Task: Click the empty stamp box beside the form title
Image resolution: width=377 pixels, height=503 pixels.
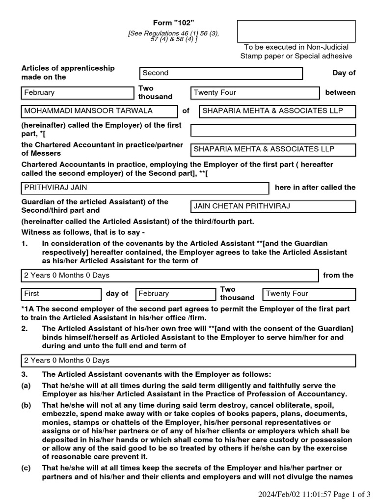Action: pos(296,31)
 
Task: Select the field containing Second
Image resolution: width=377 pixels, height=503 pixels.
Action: pos(221,73)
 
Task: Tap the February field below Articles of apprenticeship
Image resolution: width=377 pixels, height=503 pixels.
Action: pos(77,93)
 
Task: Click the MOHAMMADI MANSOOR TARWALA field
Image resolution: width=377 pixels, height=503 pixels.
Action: pos(99,111)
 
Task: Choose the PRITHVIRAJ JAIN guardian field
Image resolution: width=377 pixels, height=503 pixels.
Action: pos(145,188)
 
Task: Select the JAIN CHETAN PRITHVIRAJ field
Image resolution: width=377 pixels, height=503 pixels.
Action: pos(272,206)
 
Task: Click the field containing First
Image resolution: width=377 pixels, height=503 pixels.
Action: pos(61,294)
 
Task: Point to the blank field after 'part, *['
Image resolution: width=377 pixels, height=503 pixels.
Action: pos(272,130)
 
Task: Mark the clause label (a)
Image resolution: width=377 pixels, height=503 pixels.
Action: pos(26,386)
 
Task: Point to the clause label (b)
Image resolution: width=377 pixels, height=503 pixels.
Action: pos(26,405)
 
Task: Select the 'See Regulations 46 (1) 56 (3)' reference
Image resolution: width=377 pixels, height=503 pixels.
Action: pos(173,33)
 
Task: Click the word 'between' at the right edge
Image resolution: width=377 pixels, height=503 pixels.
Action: pos(340,92)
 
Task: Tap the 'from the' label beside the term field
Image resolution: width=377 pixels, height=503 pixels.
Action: pos(338,275)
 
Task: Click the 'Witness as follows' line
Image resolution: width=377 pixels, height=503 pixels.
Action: pos(83,232)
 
